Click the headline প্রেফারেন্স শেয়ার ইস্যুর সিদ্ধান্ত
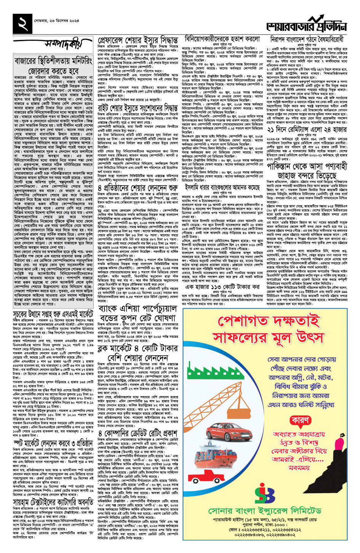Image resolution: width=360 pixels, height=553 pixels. point(138,40)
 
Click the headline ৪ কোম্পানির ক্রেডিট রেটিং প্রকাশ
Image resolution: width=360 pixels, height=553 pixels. point(138,433)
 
